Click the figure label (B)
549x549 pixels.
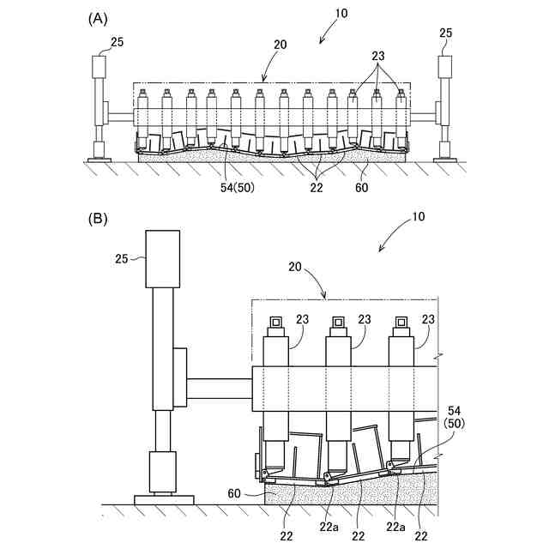(99, 219)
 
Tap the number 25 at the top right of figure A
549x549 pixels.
(446, 33)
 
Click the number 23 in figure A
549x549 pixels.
(377, 54)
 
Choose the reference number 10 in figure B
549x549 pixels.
(418, 217)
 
